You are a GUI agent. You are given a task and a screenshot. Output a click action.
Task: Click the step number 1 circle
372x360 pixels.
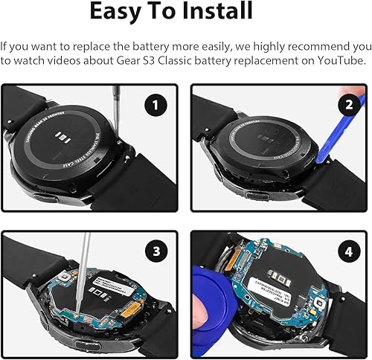[154, 106]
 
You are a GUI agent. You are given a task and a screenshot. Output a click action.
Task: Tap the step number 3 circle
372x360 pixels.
[154, 253]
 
